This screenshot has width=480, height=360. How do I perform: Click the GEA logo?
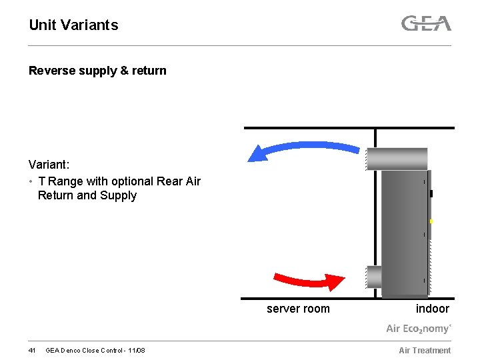tap(426, 24)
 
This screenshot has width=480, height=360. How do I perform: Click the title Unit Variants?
tap(73, 25)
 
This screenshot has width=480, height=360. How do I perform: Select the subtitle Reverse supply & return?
tap(97, 71)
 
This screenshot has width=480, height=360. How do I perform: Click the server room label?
tap(298, 309)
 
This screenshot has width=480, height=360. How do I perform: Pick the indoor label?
tap(432, 309)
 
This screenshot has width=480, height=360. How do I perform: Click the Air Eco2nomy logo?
tap(419, 328)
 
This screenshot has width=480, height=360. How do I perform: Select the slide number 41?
tap(32, 351)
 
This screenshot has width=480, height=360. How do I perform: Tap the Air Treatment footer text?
tap(425, 351)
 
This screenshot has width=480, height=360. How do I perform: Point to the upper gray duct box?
tap(397, 159)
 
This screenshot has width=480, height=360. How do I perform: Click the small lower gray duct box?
tap(374, 276)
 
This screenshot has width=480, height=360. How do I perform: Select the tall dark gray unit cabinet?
tap(404, 233)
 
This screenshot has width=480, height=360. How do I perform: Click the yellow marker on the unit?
tap(431, 221)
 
